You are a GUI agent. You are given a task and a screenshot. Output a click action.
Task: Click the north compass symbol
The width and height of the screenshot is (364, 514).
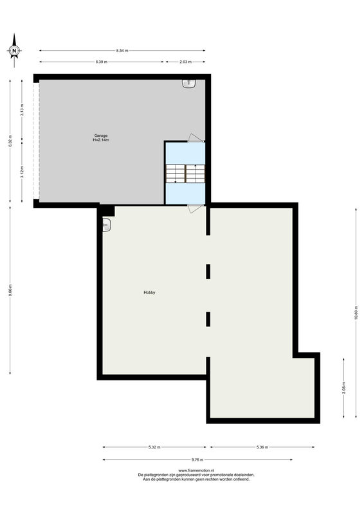pyautogui.click(x=14, y=51)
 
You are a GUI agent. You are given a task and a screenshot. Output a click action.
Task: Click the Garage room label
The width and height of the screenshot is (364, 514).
pyautogui.click(x=101, y=137)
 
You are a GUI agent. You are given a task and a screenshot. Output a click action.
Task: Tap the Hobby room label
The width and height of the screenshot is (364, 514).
pyautogui.click(x=149, y=292)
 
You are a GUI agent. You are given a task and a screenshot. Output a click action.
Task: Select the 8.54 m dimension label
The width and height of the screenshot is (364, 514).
pyautogui.click(x=122, y=50)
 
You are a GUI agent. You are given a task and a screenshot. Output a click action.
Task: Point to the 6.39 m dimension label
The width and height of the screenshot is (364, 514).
pyautogui.click(x=101, y=62)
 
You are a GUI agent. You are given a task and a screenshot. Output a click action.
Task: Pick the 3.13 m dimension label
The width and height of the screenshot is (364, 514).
pyautogui.click(x=23, y=109)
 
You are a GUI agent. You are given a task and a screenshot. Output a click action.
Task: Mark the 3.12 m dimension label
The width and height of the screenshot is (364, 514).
pyautogui.click(x=23, y=172)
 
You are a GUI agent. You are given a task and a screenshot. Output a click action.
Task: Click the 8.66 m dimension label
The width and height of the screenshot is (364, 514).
pyautogui.click(x=10, y=290)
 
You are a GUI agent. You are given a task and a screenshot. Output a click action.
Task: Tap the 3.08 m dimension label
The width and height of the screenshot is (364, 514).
pyautogui.click(x=344, y=388)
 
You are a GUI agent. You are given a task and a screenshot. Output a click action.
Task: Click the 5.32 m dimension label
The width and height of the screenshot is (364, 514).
pyautogui.click(x=154, y=447)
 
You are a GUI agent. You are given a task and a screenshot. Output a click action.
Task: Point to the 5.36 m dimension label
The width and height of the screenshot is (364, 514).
pyautogui.click(x=262, y=447)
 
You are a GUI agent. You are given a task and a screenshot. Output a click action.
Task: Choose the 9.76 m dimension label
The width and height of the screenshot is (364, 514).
pyautogui.click(x=197, y=459)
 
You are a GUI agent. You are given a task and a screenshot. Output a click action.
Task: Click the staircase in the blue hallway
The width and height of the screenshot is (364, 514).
pyautogui.click(x=185, y=173)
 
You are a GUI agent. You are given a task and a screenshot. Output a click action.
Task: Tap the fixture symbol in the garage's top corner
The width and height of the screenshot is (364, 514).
pyautogui.click(x=188, y=84)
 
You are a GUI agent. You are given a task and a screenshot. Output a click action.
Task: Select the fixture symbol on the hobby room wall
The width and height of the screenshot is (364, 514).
pyautogui.click(x=106, y=225)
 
